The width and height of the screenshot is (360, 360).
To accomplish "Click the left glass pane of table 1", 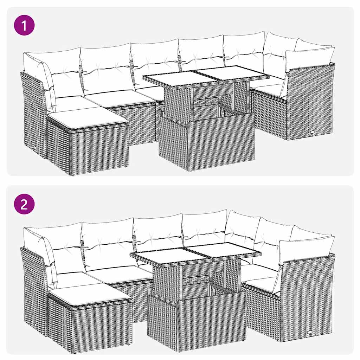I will click(x=169, y=78).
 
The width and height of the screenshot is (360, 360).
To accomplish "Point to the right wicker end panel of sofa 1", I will click(x=309, y=102).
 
